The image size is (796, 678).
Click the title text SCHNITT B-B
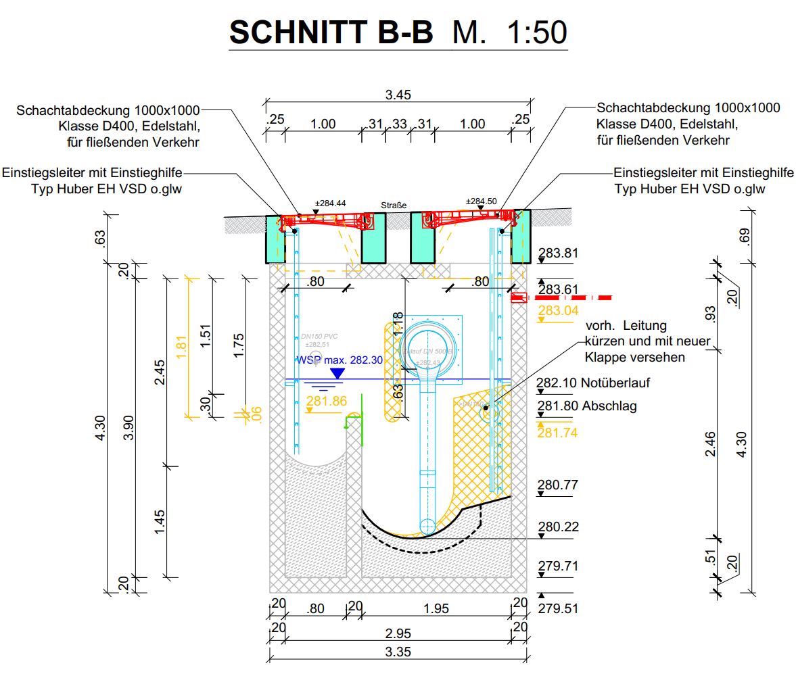coord(331,32)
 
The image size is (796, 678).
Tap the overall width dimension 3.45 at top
coord(398,95)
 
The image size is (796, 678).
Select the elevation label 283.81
coord(558,253)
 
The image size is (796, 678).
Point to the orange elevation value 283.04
coord(558,310)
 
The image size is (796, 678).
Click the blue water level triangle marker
coord(336,371)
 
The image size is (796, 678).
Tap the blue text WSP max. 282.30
coord(340,360)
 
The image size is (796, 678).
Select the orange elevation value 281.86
coord(326,402)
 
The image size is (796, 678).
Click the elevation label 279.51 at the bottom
coord(558,608)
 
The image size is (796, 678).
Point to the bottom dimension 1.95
coord(436,608)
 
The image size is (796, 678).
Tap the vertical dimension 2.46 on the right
coord(710,443)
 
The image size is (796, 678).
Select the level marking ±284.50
coord(482,201)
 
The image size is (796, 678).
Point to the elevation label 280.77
coord(558,485)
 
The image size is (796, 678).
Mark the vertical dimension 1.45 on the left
coord(160,520)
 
